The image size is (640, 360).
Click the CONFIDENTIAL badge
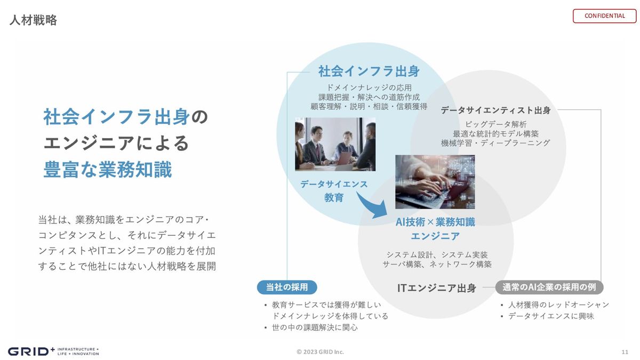tap(604, 16)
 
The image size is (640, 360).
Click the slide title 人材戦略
tap(33, 20)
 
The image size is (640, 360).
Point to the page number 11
tap(625, 352)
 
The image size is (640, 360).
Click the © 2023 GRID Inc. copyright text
tap(320, 352)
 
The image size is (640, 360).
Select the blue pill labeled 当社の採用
tap(287, 287)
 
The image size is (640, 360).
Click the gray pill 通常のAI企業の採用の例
tap(549, 287)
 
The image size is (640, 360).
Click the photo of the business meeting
tap(335, 145)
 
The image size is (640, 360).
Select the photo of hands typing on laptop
tap(435, 182)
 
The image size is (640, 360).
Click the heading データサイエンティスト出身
tap(495, 110)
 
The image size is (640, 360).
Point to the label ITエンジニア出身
tap(437, 288)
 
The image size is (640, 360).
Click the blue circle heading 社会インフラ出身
tap(369, 71)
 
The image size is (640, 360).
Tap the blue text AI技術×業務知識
tap(435, 222)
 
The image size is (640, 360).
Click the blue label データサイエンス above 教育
tap(334, 185)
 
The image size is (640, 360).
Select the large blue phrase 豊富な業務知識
tap(108, 170)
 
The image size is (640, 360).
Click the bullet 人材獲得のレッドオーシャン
tap(558, 305)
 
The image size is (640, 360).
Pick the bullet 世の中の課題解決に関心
tap(315, 327)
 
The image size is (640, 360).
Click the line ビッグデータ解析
tap(495, 124)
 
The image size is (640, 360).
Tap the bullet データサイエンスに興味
tap(551, 316)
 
